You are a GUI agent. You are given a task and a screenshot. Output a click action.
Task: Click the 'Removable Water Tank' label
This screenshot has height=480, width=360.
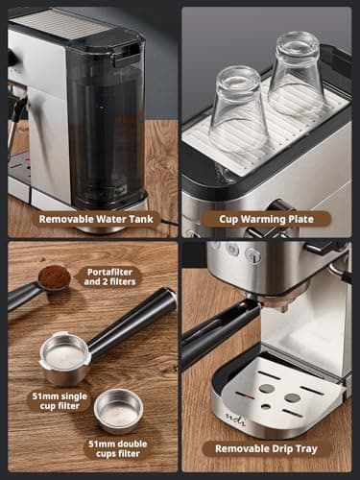click(91, 218)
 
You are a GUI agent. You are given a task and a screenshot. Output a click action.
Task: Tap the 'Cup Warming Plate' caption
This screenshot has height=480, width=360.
click(267, 218)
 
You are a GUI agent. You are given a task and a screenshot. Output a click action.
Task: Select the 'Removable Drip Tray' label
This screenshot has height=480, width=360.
click(266, 448)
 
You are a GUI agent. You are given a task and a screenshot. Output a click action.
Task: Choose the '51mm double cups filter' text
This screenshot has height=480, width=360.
click(119, 448)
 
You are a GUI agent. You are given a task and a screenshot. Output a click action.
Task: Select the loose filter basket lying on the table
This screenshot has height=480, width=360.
click(118, 410)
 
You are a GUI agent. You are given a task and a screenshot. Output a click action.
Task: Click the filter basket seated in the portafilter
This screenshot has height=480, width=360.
click(65, 356)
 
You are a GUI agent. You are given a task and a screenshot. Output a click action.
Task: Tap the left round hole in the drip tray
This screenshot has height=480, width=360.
click(266, 388)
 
